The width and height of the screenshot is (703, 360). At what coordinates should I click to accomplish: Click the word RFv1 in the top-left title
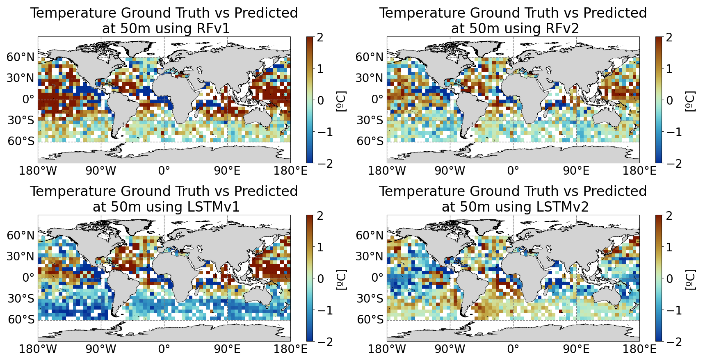click(x=213, y=29)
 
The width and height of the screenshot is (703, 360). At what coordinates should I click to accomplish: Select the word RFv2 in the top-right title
click(x=562, y=29)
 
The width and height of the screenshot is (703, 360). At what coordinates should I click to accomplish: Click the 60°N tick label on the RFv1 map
click(x=19, y=57)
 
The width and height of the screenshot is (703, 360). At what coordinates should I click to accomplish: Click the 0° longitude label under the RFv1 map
click(x=164, y=171)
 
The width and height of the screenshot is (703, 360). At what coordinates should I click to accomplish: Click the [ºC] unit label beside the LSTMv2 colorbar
click(x=690, y=279)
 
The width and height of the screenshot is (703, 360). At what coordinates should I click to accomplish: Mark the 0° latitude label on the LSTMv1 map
click(x=29, y=278)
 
